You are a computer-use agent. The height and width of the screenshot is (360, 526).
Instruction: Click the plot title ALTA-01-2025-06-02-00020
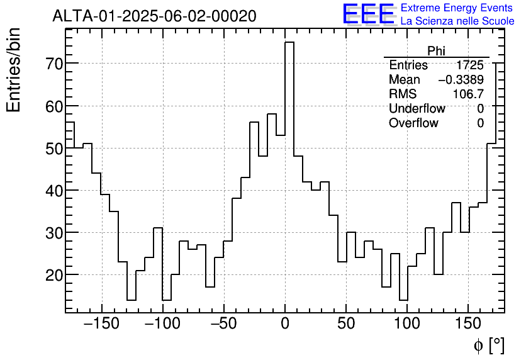pyautogui.click(x=154, y=16)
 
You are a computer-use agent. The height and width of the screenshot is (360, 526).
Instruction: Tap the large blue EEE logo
pyautogui.click(x=368, y=14)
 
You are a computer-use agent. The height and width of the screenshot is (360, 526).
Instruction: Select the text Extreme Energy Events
pyautogui.click(x=457, y=8)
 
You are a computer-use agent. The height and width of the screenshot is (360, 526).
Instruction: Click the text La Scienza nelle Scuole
pyautogui.click(x=457, y=21)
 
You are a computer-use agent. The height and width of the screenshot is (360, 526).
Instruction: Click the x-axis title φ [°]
pyautogui.click(x=488, y=345)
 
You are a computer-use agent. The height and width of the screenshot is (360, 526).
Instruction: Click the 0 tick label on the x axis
pyautogui.click(x=285, y=324)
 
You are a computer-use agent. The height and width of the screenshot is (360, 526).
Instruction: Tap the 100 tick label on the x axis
pyautogui.click(x=407, y=324)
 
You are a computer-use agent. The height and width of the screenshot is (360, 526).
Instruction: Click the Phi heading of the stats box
pyautogui.click(x=436, y=51)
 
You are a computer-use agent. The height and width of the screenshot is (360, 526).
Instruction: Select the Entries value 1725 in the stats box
pyautogui.click(x=470, y=65)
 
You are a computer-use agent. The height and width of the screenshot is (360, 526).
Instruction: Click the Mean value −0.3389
pyautogui.click(x=461, y=80)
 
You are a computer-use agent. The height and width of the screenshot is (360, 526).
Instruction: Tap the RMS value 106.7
pyautogui.click(x=468, y=94)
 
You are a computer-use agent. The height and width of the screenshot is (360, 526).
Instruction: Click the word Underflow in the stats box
pyautogui.click(x=417, y=109)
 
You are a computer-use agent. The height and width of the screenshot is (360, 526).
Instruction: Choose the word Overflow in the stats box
pyautogui.click(x=413, y=123)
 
